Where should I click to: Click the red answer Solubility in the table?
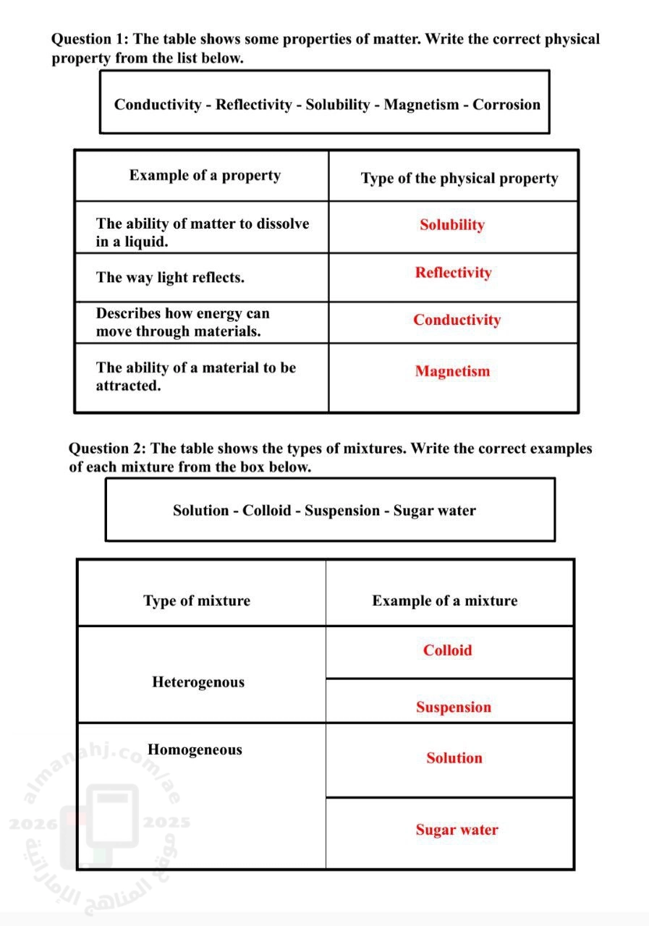[x=451, y=225]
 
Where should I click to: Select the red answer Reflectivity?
[x=453, y=273]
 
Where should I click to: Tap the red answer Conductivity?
[x=457, y=320]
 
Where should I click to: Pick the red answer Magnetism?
[x=452, y=371]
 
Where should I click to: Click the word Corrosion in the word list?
[x=506, y=105]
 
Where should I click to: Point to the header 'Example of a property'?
[x=205, y=176]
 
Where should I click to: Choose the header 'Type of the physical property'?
[x=459, y=179]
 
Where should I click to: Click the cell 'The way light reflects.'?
[x=170, y=278]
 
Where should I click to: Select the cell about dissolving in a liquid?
[x=202, y=232]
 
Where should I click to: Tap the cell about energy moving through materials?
[x=182, y=323]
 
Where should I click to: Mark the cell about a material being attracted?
[x=195, y=376]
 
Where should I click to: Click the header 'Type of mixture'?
[x=197, y=601]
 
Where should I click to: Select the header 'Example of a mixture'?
[x=445, y=601]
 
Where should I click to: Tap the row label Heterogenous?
[x=198, y=682]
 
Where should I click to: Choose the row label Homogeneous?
[x=195, y=749]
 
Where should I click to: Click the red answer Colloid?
[x=447, y=650]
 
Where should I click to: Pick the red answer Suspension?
[x=453, y=708]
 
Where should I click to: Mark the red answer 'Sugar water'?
[x=457, y=830]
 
